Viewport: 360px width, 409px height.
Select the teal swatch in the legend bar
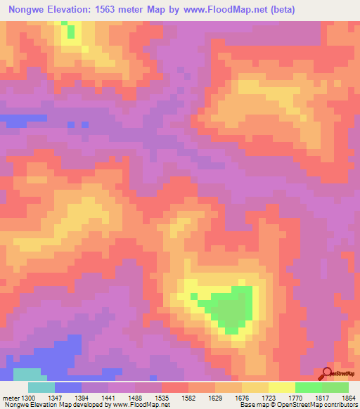coord(41,387)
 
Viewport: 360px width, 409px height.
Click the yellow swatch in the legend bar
coord(281,387)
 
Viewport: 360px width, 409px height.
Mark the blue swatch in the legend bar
coord(68,387)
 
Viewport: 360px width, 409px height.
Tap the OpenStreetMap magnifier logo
coord(328,373)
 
